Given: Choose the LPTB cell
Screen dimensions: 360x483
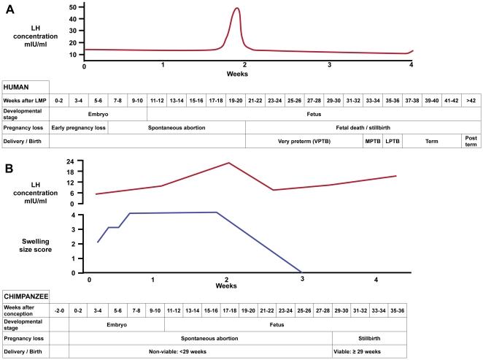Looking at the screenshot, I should click(393, 139).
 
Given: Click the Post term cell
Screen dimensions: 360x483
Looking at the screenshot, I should click(470, 139).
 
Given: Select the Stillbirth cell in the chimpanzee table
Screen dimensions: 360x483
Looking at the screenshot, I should click(366, 338).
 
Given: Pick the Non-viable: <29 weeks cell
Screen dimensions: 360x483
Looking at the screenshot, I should click(201, 351).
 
